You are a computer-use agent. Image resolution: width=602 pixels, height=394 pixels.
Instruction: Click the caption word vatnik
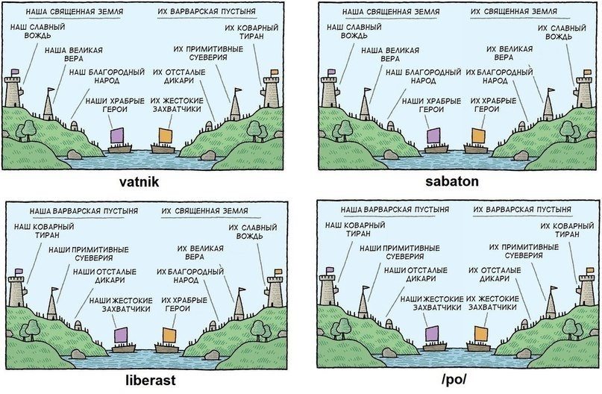(139, 181)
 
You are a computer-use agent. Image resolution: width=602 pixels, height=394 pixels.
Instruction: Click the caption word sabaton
(452, 181)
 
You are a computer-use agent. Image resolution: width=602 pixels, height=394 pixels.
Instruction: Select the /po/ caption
(454, 379)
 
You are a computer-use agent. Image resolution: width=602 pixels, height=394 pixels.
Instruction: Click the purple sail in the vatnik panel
(117, 137)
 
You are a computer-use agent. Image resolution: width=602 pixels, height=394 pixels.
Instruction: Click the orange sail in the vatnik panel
(165, 136)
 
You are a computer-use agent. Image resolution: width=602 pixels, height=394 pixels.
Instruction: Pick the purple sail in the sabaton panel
(433, 137)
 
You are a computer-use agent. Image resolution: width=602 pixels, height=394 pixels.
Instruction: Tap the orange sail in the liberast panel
(169, 335)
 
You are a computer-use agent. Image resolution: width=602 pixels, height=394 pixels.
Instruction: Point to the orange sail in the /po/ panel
(481, 334)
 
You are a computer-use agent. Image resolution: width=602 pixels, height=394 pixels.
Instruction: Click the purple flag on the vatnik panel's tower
(15, 72)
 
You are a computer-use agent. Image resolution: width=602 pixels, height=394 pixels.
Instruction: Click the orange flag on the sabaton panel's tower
(587, 72)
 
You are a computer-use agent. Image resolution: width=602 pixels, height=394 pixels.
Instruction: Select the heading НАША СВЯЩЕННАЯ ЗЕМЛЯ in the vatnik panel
(75, 11)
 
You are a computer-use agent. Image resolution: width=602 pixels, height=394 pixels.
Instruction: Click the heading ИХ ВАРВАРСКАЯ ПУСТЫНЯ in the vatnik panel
(207, 11)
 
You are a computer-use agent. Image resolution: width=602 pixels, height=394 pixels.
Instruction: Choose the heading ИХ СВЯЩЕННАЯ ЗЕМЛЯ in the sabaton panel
(514, 11)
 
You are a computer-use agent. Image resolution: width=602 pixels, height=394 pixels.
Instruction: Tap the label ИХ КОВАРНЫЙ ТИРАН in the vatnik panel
(252, 32)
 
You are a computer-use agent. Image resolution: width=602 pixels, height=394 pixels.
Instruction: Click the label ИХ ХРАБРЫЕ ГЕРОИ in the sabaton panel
(493, 104)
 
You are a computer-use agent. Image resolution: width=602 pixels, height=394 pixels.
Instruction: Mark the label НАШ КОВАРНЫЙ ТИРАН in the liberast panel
(44, 231)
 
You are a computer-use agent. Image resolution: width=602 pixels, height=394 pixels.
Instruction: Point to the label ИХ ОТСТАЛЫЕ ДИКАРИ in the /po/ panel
(495, 274)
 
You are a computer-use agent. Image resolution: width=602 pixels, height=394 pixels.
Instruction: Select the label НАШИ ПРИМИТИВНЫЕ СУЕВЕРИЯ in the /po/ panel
(400, 252)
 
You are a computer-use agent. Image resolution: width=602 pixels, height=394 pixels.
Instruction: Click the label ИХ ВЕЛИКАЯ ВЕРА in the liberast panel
(201, 252)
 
